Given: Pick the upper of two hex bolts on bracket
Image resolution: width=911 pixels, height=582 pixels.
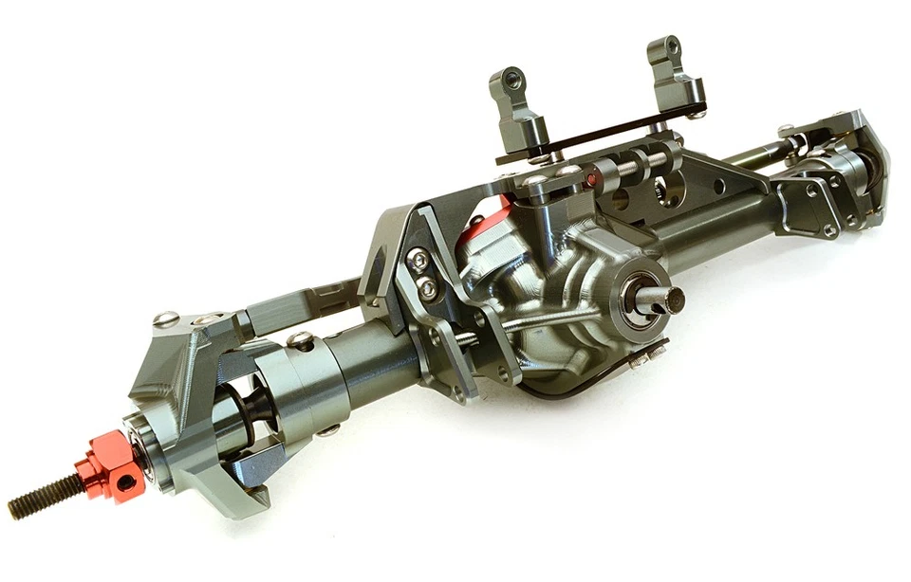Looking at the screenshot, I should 418,259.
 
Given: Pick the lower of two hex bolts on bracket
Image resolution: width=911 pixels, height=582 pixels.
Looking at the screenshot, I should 428,285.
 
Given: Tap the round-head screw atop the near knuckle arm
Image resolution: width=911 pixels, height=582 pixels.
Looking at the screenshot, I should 165,319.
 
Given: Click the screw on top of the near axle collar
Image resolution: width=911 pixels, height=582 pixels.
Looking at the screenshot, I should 300,338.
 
